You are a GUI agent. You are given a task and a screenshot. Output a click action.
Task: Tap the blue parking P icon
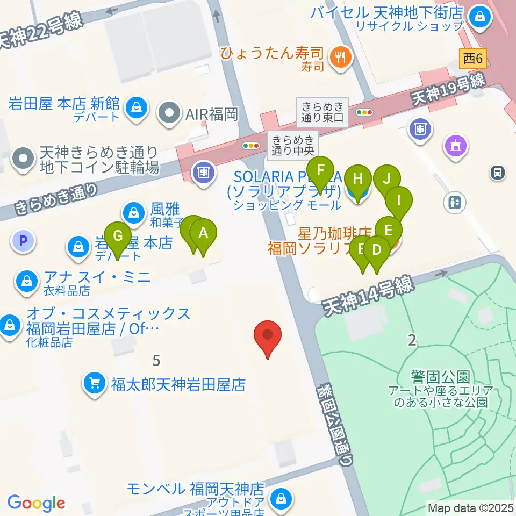point(23,241)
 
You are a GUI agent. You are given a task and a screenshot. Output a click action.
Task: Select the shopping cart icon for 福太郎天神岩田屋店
point(95,383)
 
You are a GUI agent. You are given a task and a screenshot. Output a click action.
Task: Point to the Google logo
point(36,503)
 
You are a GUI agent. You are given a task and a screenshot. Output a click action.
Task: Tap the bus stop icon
point(497,172)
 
